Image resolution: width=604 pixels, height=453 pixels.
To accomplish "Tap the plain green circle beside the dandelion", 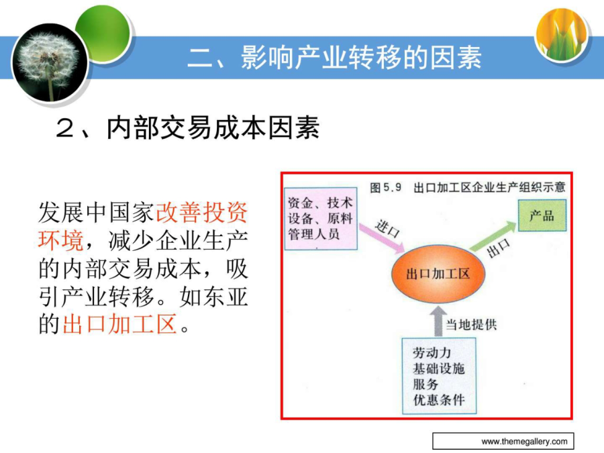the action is click(x=105, y=33).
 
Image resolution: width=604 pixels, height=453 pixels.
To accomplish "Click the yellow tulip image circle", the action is click(x=562, y=34).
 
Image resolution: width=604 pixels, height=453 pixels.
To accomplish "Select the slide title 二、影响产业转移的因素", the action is click(x=334, y=58).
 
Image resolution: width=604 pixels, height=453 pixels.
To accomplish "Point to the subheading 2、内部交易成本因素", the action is click(x=188, y=128).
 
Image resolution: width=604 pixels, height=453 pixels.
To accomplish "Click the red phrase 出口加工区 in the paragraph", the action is click(x=119, y=323).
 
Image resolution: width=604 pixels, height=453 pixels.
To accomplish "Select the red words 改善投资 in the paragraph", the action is click(x=201, y=212).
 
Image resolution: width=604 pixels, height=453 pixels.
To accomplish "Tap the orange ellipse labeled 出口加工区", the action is click(x=438, y=274).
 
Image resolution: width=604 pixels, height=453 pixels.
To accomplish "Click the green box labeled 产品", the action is click(x=542, y=215).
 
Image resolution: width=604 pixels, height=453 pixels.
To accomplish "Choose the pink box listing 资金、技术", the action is click(x=321, y=218).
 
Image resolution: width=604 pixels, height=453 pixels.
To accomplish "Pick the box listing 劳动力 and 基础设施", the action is click(x=439, y=376).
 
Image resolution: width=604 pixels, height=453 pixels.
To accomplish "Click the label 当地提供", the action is click(x=472, y=325).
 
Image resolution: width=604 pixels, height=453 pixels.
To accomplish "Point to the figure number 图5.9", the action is click(x=386, y=188).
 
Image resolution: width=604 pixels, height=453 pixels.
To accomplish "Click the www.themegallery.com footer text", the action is click(x=524, y=442).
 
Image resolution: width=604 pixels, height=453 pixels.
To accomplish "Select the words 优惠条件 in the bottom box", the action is click(x=439, y=400).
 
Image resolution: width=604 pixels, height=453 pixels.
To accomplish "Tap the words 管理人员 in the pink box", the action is click(x=314, y=234).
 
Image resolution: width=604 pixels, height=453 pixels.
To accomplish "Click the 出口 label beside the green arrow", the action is click(x=499, y=248).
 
